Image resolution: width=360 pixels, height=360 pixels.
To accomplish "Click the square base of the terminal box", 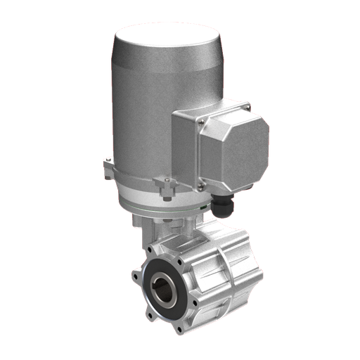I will pyautogui.click(x=188, y=151).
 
